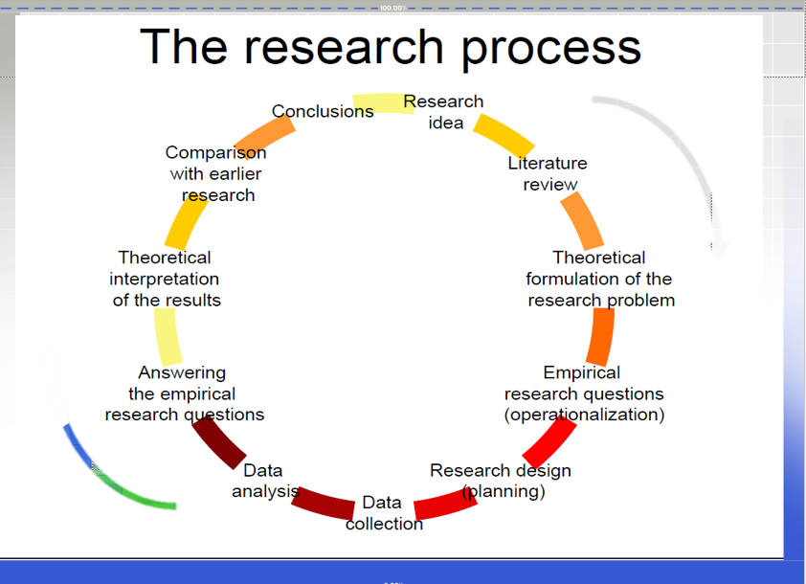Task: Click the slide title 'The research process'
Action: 391,47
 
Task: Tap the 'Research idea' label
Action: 444,112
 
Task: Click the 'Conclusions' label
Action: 323,112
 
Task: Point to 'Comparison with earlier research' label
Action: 216,173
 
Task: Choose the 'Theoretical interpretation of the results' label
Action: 165,279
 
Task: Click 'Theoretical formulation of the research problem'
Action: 599,279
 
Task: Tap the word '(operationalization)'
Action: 584,415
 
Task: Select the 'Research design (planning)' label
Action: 501,481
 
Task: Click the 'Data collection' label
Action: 383,513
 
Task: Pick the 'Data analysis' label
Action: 263,481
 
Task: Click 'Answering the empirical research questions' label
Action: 183,393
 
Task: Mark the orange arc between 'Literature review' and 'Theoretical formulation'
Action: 581,221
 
